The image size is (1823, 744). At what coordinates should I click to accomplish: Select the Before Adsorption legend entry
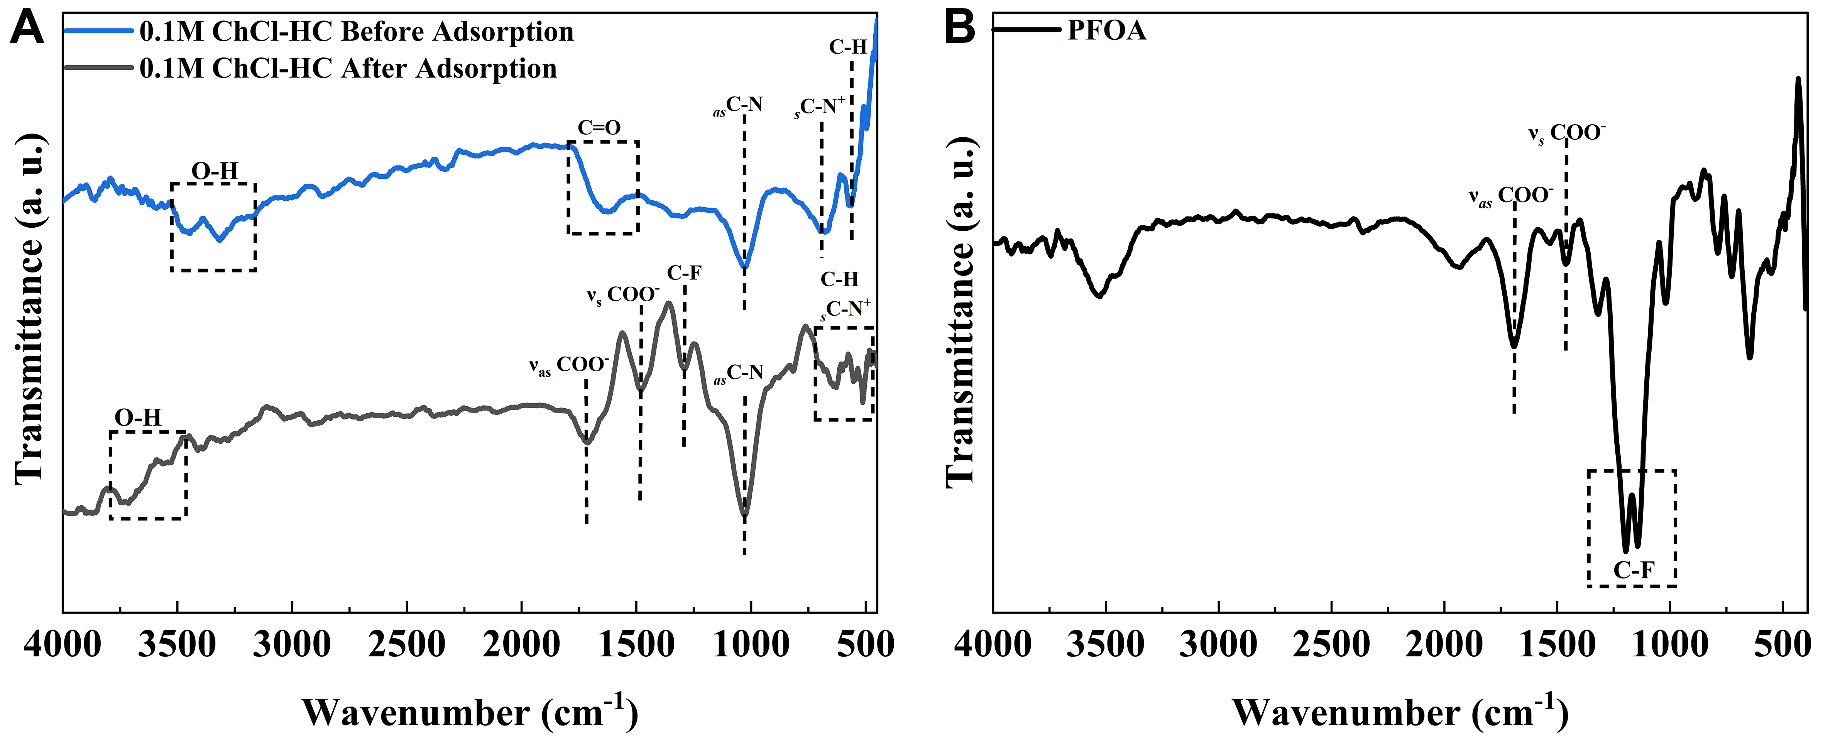coord(356,32)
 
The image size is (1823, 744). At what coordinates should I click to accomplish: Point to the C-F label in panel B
coord(1634,570)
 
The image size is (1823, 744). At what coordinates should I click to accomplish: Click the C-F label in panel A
coord(684,272)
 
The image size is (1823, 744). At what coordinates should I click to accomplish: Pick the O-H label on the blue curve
coord(215,171)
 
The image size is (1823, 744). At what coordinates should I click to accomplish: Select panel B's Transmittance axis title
coord(961,311)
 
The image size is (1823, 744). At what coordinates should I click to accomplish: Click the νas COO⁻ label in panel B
coord(1511,196)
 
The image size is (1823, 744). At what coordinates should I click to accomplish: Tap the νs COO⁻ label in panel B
coord(1567,133)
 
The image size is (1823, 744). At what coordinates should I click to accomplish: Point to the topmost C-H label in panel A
coord(848,47)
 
